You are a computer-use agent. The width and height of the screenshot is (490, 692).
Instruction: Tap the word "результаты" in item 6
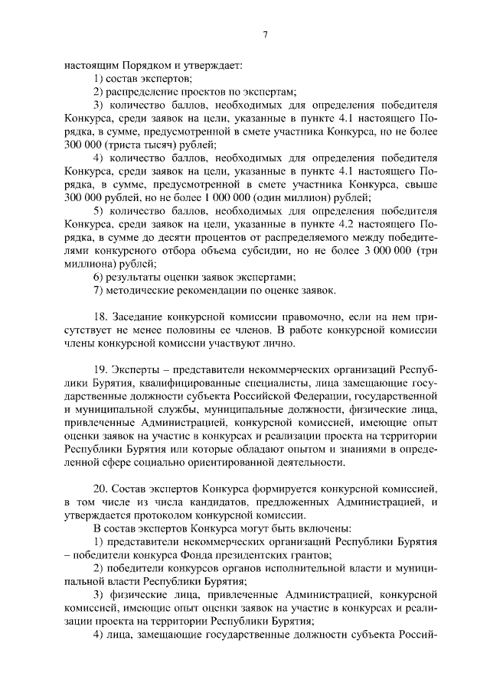pyautogui.click(x=132, y=277)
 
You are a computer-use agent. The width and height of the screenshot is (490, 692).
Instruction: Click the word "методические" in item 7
pyautogui.click(x=139, y=290)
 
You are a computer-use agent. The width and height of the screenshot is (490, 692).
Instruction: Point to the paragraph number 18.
pyautogui.click(x=99, y=317)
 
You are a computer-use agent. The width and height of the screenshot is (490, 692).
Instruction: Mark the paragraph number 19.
pyautogui.click(x=99, y=369)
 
